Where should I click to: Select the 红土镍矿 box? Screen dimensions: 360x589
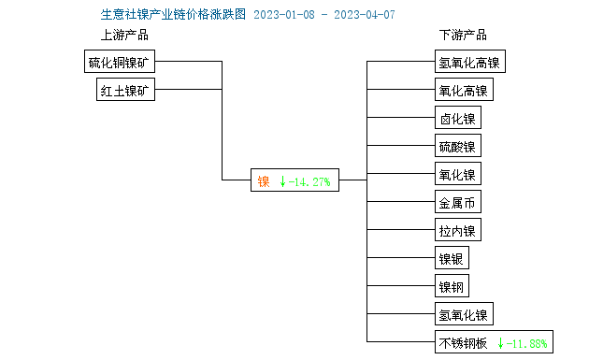pos(127,91)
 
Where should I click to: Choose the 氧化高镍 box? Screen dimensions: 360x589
pos(463,91)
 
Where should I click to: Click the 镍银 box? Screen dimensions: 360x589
pos(452,258)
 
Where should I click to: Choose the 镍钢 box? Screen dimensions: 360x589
pos(452,286)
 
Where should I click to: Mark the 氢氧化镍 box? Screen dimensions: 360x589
pos(463,314)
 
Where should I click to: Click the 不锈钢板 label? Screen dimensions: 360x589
pos(463,342)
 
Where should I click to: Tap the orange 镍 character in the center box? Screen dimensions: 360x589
pos(264,181)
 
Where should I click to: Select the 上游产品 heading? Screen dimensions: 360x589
pos(124,36)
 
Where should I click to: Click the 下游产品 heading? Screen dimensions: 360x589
pos(463,36)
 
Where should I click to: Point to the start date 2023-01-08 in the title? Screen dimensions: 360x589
pos(285,15)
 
